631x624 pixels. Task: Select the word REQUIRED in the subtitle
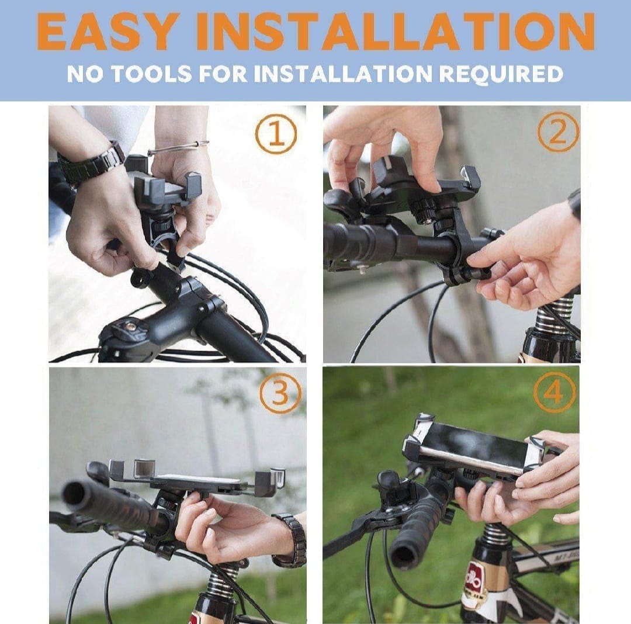500,74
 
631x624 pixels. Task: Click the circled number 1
276,133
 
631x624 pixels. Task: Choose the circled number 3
280,394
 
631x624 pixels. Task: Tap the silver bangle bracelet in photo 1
178,148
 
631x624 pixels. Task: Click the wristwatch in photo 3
290,540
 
